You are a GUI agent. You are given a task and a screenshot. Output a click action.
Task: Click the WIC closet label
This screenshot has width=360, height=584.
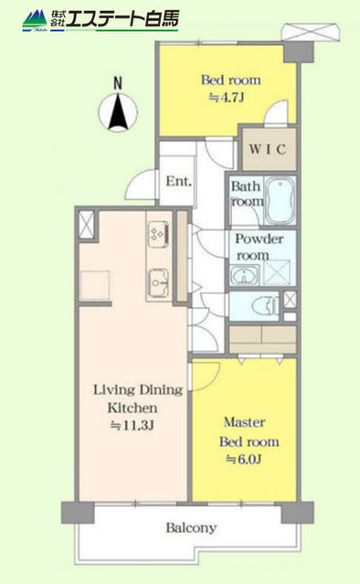tap(266, 149)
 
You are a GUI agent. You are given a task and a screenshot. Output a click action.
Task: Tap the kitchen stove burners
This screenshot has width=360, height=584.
tap(156, 234)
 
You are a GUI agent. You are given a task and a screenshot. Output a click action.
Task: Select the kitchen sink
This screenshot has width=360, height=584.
tap(156, 281)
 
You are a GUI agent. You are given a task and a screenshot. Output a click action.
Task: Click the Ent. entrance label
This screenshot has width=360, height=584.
tap(178, 181)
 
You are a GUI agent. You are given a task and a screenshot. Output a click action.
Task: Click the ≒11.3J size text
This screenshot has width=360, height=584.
tap(133, 425)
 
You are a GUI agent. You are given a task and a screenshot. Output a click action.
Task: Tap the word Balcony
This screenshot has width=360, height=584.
tap(191, 527)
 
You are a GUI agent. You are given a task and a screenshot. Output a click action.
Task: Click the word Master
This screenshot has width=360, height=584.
tap(244, 422)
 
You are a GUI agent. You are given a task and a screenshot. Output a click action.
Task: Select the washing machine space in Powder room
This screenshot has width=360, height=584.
tap(277, 276)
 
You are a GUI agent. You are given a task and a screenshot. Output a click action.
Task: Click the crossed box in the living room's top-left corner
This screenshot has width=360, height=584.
tap(88, 224)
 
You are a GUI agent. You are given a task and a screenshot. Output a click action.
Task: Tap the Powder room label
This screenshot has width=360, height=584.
tap(260, 247)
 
